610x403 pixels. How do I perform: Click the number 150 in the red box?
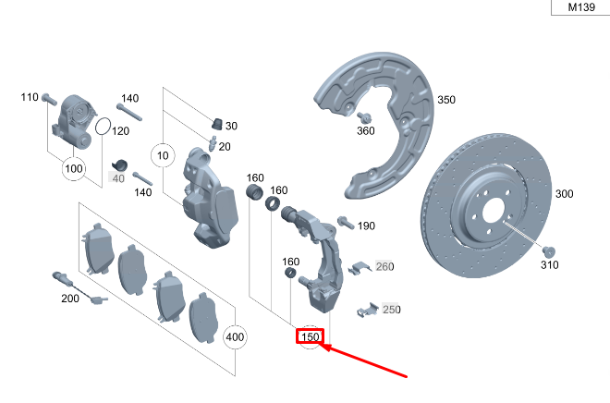(311, 338)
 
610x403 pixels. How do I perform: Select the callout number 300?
(564, 195)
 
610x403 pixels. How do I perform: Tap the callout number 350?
(446, 100)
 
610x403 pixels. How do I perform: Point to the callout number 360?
(366, 131)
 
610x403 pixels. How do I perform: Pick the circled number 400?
(235, 337)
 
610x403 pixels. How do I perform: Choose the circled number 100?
(74, 169)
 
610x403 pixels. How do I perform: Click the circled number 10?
(164, 155)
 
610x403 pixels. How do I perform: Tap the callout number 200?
(70, 298)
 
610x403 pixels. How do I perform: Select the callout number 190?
(366, 226)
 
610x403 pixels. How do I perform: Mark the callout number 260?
(384, 267)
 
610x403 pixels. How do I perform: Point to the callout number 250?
(392, 310)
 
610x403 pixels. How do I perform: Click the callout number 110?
(29, 97)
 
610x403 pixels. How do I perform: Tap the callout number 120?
(120, 131)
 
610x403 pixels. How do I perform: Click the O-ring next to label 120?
(103, 126)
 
